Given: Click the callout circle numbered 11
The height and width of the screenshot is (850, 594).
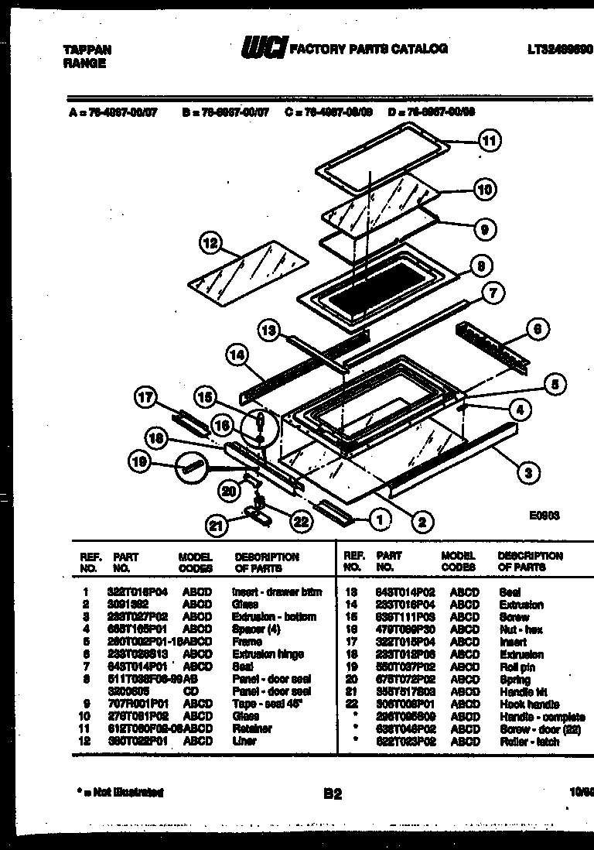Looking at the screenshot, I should click(x=489, y=141).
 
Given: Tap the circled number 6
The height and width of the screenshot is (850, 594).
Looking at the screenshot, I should click(x=538, y=328).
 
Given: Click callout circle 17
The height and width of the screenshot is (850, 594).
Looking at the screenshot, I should click(x=144, y=398).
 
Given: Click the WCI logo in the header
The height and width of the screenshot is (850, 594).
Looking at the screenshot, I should click(x=264, y=49).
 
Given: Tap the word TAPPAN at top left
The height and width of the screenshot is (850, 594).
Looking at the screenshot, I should click(x=86, y=50).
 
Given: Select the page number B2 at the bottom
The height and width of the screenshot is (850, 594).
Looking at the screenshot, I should click(x=333, y=793).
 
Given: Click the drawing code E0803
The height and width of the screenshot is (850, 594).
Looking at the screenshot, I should click(x=544, y=515).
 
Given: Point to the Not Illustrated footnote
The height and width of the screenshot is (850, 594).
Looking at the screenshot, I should click(x=121, y=792).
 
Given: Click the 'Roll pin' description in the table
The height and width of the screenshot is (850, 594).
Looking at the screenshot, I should click(x=515, y=667).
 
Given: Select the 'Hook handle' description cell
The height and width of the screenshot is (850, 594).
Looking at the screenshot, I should click(x=522, y=704).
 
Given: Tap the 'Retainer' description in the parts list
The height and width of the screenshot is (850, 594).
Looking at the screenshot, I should click(x=252, y=728).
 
